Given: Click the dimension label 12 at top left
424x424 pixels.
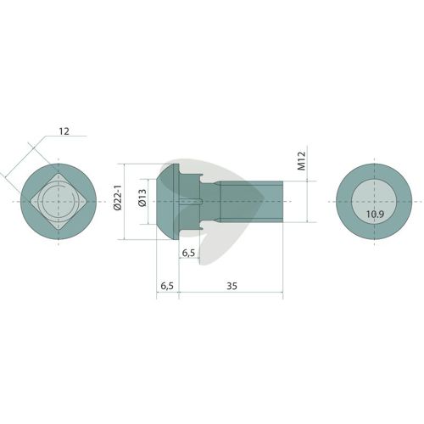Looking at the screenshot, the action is tap(64, 131).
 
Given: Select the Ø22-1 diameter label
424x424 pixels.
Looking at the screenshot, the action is tap(117, 198).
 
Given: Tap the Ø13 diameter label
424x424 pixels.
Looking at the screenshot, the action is tap(142, 198).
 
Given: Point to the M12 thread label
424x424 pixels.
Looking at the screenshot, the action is tap(302, 161).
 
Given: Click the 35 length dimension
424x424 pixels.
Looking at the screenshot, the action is tap(232, 286).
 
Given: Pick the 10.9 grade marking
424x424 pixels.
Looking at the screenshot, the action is tap(375, 214).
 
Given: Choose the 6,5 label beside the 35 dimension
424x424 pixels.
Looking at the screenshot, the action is tap(167, 286).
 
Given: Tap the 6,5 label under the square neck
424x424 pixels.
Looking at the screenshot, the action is tap(188, 253).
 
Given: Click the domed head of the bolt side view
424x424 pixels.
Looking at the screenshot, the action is tap(167, 202).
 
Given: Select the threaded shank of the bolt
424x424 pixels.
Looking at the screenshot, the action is tap(251, 202).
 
